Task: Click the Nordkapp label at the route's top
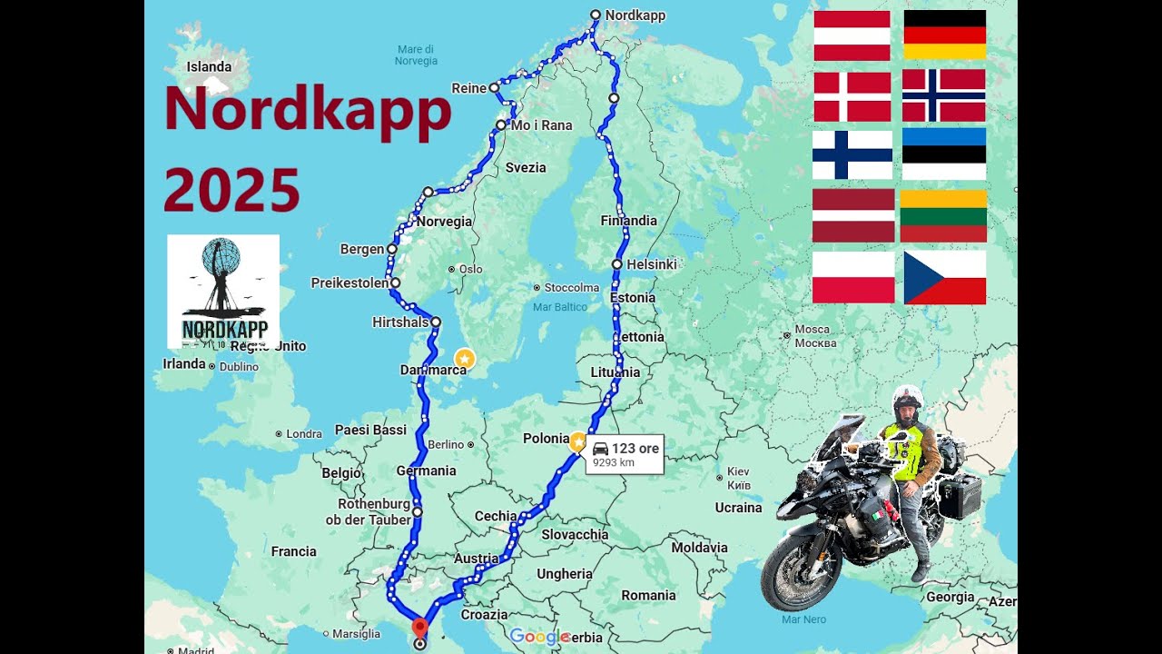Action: click(635, 15)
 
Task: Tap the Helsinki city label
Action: click(652, 264)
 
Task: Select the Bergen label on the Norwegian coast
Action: click(362, 249)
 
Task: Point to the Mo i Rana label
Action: click(541, 125)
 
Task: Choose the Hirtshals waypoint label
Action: click(399, 322)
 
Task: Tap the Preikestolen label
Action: click(350, 282)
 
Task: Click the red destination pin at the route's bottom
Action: click(419, 628)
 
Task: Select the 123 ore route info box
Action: click(625, 454)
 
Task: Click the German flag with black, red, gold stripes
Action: click(944, 35)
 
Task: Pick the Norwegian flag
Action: click(943, 95)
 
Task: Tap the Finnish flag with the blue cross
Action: click(852, 154)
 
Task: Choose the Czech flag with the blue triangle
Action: click(944, 277)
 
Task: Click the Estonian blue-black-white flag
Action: click(943, 154)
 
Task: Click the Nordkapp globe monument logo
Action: click(223, 291)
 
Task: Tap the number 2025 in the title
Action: click(231, 191)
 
